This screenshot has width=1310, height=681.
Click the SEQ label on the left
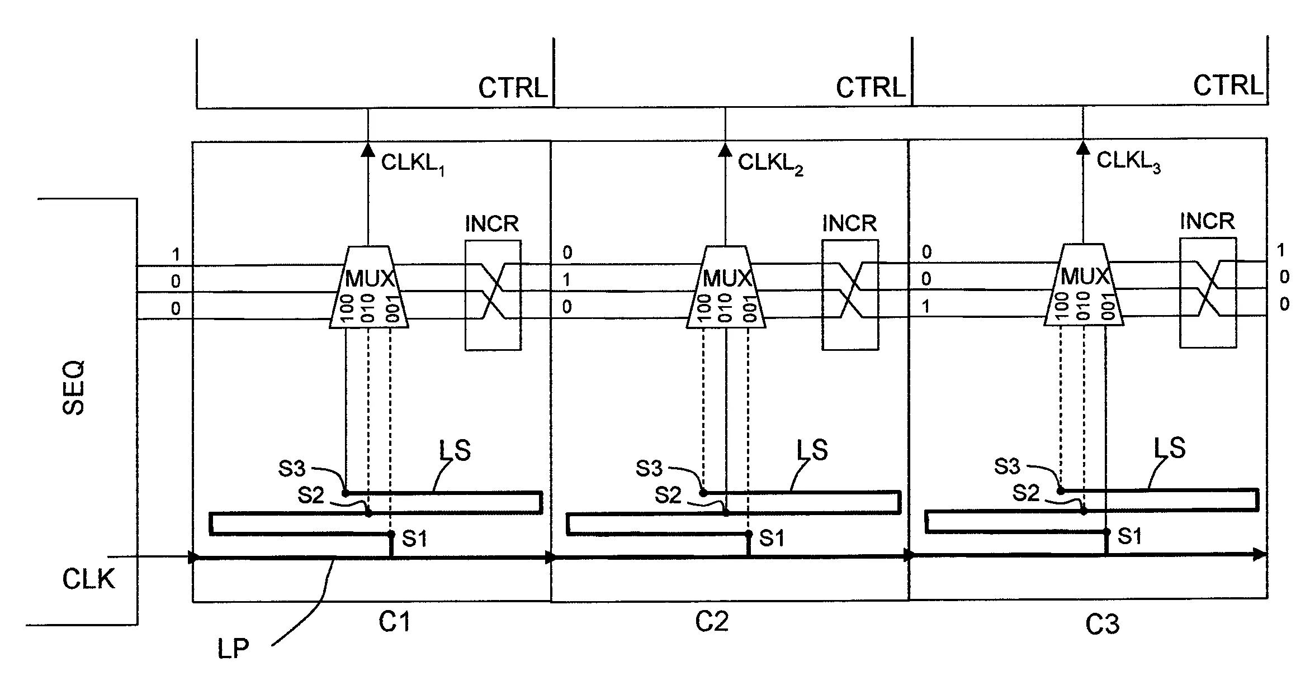pos(74,388)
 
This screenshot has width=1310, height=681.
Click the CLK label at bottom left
pos(88,579)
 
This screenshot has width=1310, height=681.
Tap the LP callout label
pos(233,649)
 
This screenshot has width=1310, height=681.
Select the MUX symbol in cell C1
pos(369,288)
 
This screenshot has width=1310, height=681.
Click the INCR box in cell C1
pos(493,296)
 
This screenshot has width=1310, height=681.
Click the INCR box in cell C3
pos(1208,293)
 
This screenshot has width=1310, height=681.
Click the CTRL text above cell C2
pos(870,88)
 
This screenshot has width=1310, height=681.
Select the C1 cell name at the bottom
pos(395,622)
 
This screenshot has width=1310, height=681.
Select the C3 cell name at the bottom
pos(1102,625)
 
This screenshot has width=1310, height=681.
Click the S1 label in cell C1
pos(415,539)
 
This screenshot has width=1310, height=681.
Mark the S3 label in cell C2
pos(649,469)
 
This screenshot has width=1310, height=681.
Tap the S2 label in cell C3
pos(1025,493)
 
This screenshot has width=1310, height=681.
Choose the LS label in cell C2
pos(811,450)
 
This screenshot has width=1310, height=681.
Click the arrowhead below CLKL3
pos(1083,148)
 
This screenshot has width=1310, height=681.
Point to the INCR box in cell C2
pos(850,295)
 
